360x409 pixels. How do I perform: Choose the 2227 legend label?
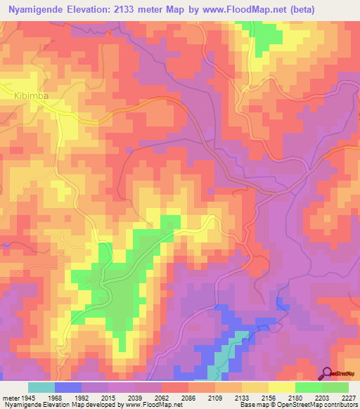coord(349,398)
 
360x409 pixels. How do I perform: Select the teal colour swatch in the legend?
coord(41,387)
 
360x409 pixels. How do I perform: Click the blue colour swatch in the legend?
coord(67,387)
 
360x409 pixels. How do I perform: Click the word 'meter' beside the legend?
coord(12,398)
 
